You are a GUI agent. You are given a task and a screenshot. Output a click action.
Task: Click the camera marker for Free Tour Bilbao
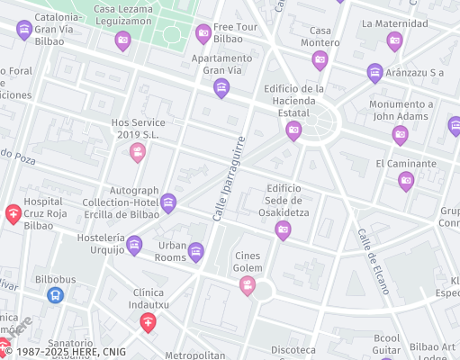[x=203, y=34]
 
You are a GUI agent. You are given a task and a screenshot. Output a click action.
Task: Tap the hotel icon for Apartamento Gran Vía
[x=221, y=88]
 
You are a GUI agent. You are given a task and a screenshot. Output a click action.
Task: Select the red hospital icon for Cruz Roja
[x=14, y=213]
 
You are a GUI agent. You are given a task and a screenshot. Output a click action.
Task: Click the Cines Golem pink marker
[x=247, y=286]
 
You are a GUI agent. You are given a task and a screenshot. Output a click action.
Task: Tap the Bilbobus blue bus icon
[x=56, y=294]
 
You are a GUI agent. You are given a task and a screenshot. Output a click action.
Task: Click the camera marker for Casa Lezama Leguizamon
[x=122, y=40]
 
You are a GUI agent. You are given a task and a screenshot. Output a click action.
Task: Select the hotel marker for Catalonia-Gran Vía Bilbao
[x=23, y=31]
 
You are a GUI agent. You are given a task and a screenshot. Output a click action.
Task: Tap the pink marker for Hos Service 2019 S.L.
[x=137, y=152]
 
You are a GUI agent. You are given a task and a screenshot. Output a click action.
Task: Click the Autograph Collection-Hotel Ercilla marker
[x=167, y=203]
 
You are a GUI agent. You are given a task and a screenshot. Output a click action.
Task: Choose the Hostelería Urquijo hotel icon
[x=134, y=245]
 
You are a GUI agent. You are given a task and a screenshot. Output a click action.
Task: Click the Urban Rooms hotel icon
[x=195, y=252]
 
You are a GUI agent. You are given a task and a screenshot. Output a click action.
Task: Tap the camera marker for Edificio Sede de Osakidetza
[x=283, y=230]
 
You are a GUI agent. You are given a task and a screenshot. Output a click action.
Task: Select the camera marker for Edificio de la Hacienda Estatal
[x=293, y=131]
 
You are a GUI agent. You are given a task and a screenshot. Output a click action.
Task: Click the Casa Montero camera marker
[x=320, y=60]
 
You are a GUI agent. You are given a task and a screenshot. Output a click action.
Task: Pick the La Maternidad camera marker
[x=393, y=40]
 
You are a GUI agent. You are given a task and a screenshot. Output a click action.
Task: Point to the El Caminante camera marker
[x=406, y=181]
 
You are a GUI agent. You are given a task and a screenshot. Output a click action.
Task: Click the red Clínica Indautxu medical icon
[x=149, y=321]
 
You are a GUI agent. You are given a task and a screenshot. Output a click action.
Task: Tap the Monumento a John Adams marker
[x=400, y=135]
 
